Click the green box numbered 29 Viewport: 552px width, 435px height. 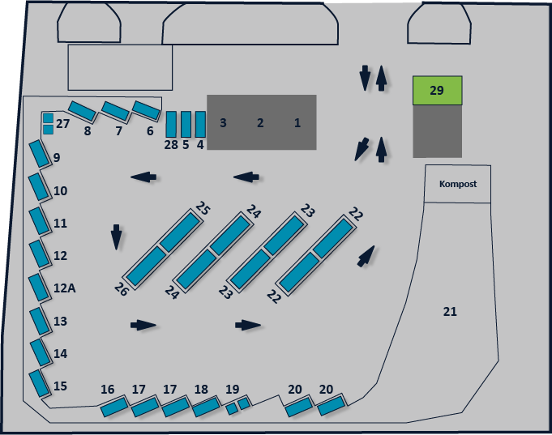tap(437, 91)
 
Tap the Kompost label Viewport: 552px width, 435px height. tap(458, 184)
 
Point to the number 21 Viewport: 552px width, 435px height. tap(450, 312)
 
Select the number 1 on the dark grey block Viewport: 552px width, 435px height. tap(297, 122)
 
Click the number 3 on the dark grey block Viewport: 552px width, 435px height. tap(223, 122)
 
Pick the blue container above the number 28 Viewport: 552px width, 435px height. tap(171, 124)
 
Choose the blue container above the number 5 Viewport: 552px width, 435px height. tap(186, 124)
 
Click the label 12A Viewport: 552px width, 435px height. tap(64, 288)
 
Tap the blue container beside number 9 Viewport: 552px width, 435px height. tap(39, 154)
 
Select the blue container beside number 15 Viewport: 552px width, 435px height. tap(39, 384)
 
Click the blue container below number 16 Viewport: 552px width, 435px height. tap(114, 406)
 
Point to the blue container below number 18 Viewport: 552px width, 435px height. tap(206, 407)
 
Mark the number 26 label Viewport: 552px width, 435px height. tap(121, 289)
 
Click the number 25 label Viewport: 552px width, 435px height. tap(203, 207)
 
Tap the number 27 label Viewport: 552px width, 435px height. tap(62, 124)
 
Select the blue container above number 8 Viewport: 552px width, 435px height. tap(82, 111)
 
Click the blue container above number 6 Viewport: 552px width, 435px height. tap(147, 110)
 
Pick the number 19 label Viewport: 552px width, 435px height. tap(233, 390)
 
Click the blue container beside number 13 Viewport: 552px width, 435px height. tap(40, 322)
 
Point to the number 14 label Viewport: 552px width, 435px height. tap(60, 353)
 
